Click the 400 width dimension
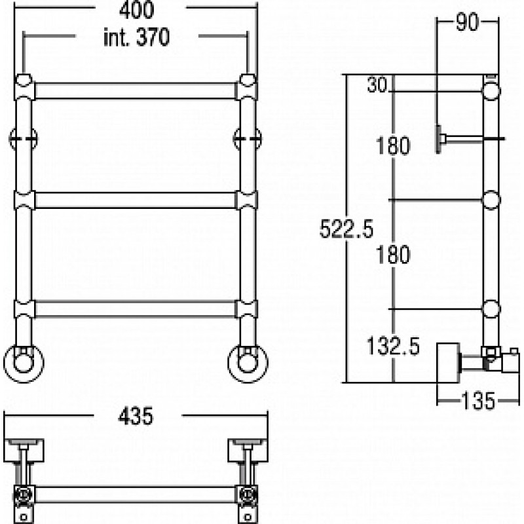[137, 10]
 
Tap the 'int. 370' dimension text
[137, 37]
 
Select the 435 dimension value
[136, 416]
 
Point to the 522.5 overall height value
[346, 229]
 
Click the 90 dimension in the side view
[467, 22]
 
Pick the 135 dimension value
[478, 401]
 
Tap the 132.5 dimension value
[393, 346]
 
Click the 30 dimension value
[377, 84]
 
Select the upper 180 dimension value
[393, 145]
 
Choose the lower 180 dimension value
[393, 255]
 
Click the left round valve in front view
[24, 364]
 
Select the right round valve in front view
[248, 364]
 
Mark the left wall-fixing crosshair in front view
[23, 138]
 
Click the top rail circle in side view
[491, 91]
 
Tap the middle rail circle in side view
[491, 200]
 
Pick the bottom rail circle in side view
[491, 309]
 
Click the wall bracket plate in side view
[438, 139]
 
